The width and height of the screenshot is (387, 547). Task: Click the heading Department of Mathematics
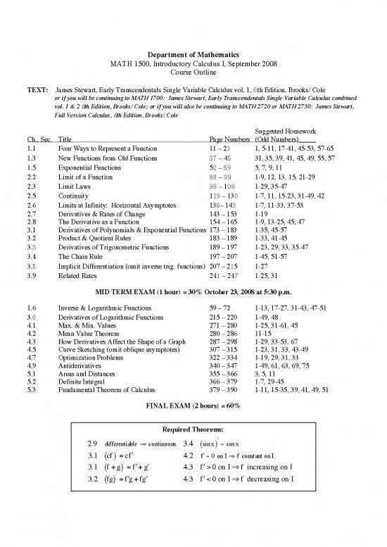point(193,55)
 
